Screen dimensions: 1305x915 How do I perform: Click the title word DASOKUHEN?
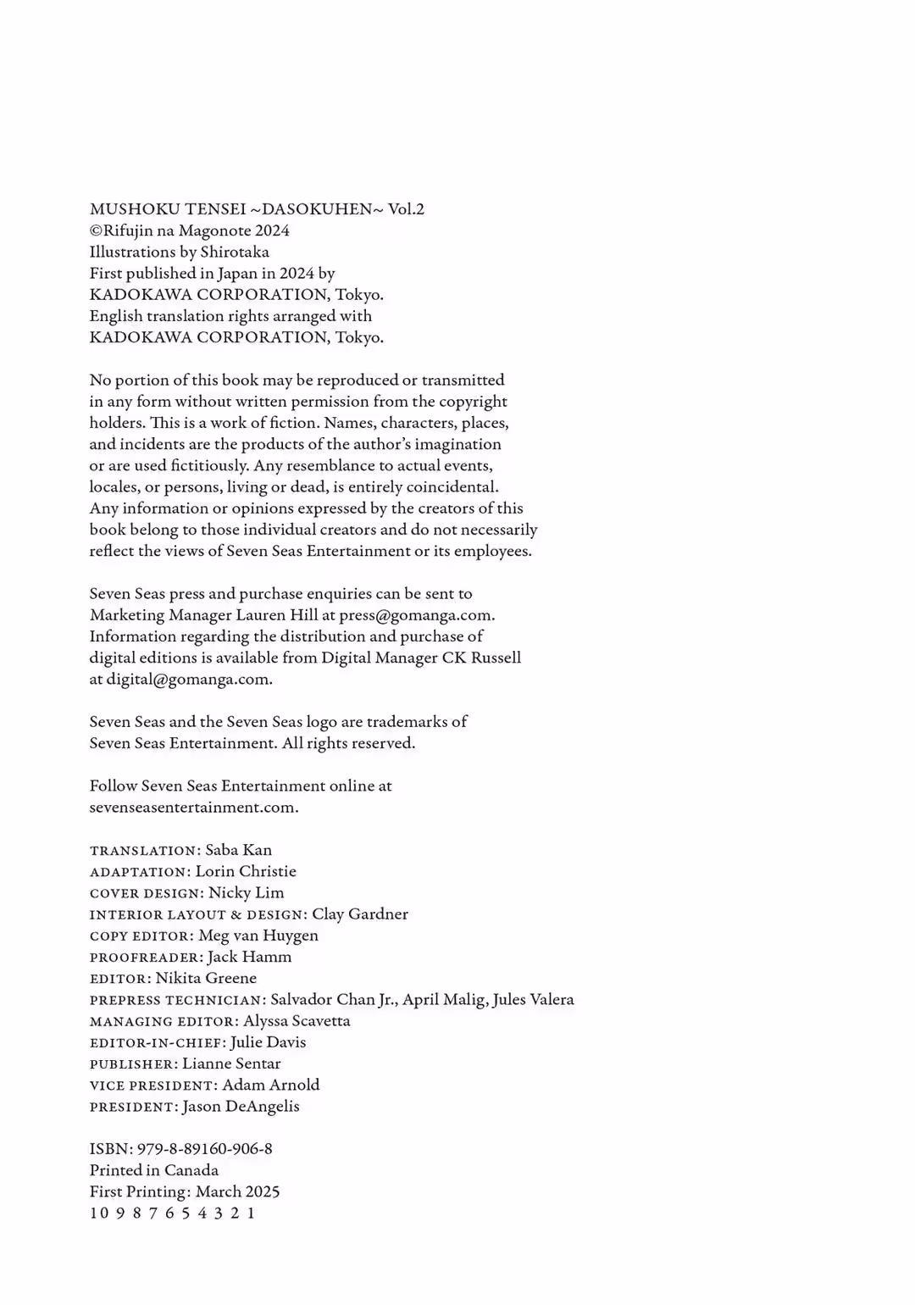point(318,209)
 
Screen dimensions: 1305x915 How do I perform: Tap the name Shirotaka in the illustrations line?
point(235,252)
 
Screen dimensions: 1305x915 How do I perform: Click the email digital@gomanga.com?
point(188,680)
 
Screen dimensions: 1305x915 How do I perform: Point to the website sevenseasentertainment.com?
point(193,808)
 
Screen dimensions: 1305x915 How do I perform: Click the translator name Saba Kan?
point(238,850)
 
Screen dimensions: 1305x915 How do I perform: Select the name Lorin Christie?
point(246,871)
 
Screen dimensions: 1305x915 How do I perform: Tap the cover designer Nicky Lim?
point(246,892)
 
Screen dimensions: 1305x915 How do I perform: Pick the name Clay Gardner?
point(360,914)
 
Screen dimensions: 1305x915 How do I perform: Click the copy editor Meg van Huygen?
point(258,936)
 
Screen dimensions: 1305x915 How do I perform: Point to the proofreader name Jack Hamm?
point(249,957)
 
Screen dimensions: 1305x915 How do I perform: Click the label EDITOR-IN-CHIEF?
point(156,1043)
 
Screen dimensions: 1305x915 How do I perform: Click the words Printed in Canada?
point(154,1170)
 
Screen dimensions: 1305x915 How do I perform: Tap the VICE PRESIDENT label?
point(152,1086)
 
